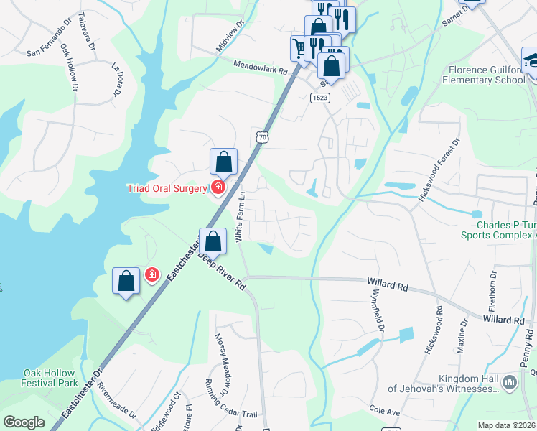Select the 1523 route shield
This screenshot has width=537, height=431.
click(320, 97)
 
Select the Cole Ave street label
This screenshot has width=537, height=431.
click(384, 409)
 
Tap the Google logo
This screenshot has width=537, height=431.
click(24, 422)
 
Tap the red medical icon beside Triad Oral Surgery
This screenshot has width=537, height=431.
click(218, 188)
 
